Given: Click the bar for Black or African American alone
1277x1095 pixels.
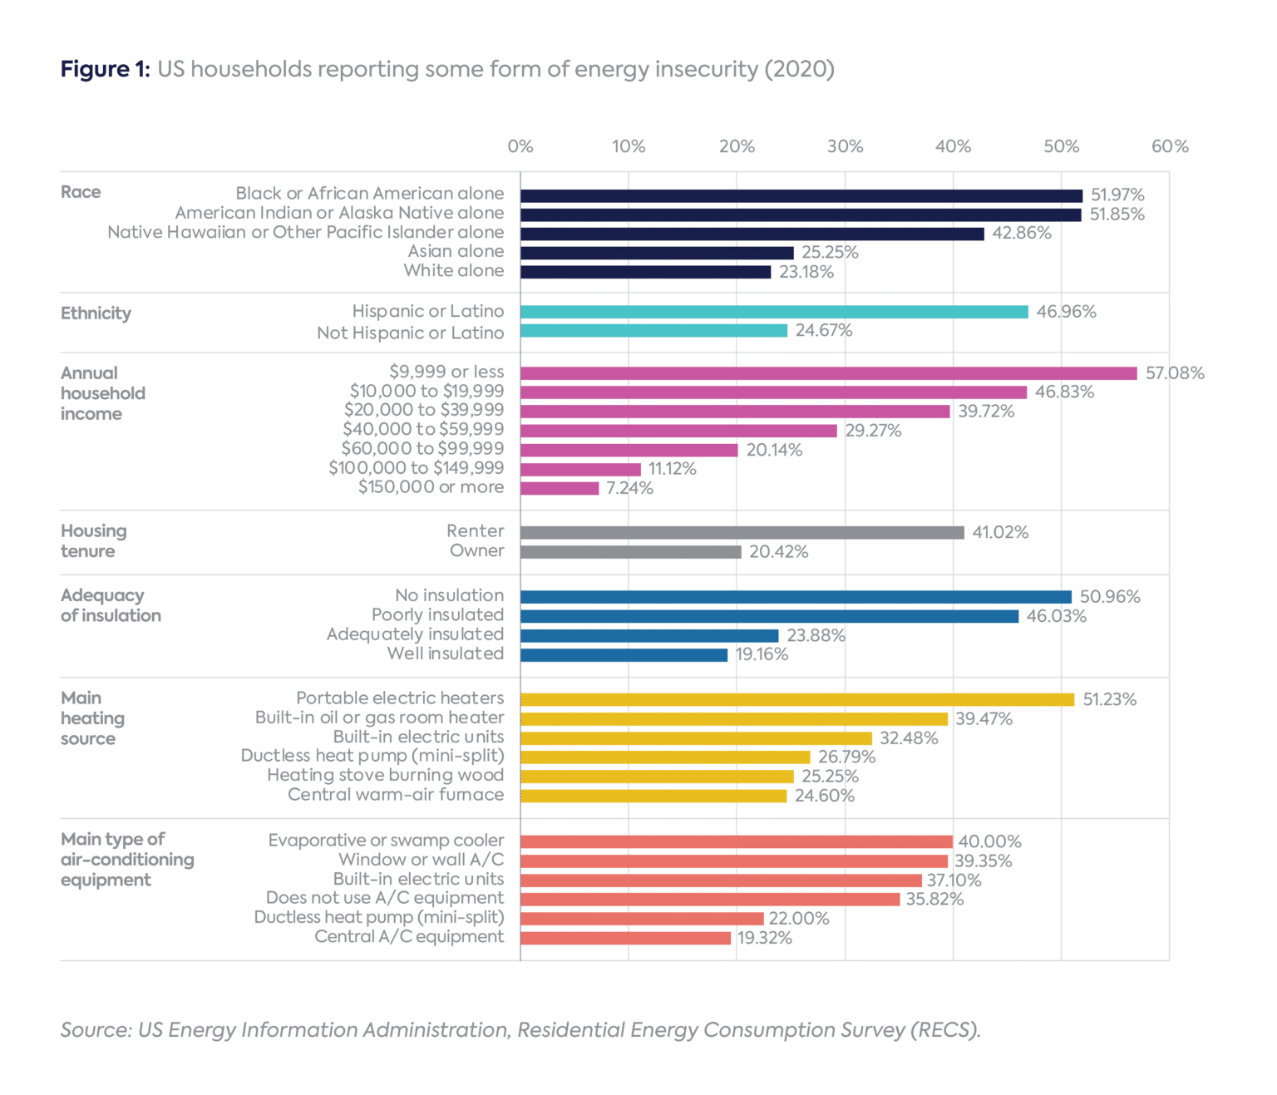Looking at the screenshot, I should pyautogui.click(x=801, y=195).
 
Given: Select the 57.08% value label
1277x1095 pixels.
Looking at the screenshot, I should pyautogui.click(x=1174, y=373).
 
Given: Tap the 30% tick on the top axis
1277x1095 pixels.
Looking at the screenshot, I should pyautogui.click(x=845, y=146).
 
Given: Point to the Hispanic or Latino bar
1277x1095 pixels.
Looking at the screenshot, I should pyautogui.click(x=774, y=312).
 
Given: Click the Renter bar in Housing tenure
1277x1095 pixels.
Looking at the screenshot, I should pyautogui.click(x=742, y=532).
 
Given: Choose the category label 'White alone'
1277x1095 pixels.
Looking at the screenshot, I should pyautogui.click(x=453, y=271).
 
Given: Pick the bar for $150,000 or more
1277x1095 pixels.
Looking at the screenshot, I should pyautogui.click(x=560, y=488).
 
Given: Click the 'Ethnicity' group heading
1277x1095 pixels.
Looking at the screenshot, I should pyautogui.click(x=96, y=313).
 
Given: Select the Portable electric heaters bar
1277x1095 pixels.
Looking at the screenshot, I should pyautogui.click(x=797, y=699).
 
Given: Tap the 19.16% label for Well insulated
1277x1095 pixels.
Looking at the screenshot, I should pyautogui.click(x=762, y=655).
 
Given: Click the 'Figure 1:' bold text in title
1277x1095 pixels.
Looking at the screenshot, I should pyautogui.click(x=105, y=69).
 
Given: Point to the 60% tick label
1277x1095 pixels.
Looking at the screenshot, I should pyautogui.click(x=1169, y=146).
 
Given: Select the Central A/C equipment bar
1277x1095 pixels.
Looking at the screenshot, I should pyautogui.click(x=625, y=938).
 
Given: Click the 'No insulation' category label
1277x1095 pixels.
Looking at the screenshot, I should pyautogui.click(x=449, y=595).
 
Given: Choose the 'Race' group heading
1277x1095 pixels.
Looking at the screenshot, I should pyautogui.click(x=81, y=192).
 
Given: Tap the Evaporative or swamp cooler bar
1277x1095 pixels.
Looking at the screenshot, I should pyautogui.click(x=736, y=841).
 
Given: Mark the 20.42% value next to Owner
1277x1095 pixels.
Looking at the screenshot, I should pyautogui.click(x=778, y=552).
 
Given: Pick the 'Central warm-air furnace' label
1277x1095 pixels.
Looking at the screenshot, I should pyautogui.click(x=396, y=795).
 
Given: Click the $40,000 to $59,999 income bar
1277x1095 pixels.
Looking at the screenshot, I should pyautogui.click(x=678, y=431).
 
